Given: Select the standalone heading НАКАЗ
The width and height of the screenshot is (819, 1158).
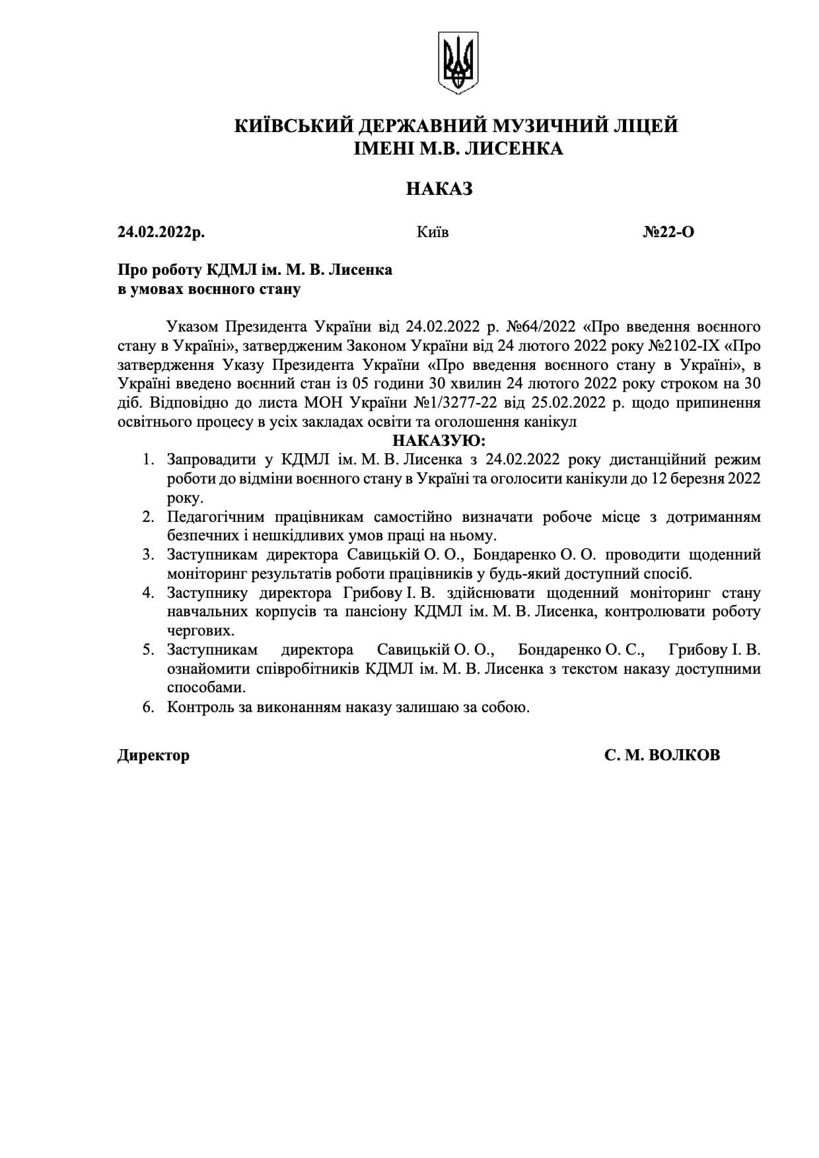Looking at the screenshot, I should click(439, 189).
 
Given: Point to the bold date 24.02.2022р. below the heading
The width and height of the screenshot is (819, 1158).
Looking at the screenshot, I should click(161, 232).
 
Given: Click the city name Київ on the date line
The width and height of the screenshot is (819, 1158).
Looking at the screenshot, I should click(433, 232).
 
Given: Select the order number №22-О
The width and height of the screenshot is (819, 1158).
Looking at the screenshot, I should click(668, 232).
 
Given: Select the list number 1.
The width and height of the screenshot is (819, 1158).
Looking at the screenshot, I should click(148, 459).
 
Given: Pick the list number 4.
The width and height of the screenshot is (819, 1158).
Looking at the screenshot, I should click(148, 593).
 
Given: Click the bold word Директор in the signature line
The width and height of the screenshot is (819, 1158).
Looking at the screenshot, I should click(153, 755).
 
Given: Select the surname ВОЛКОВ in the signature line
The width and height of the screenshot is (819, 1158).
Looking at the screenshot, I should click(685, 755).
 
